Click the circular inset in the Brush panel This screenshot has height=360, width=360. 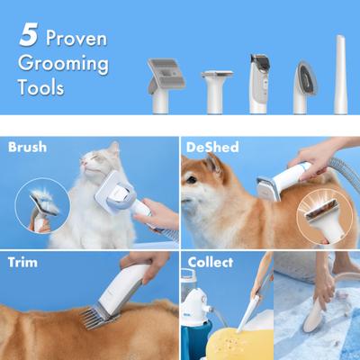(x=42, y=205)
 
